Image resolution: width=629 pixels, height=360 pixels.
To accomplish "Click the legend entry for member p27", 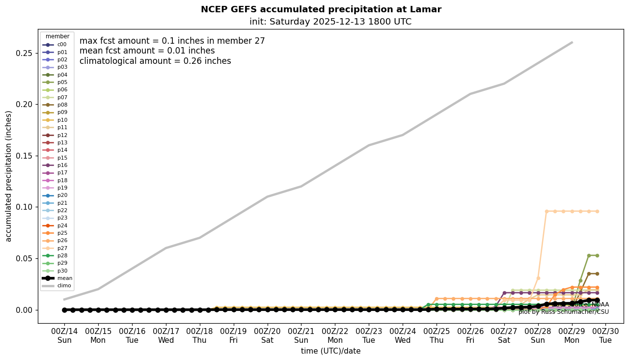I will click(x=62, y=248).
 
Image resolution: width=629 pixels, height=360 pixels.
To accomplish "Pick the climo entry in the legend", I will click(x=64, y=285).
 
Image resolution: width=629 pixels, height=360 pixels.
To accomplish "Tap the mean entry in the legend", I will click(x=64, y=278).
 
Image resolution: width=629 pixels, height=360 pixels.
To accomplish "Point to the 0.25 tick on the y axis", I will click(x=26, y=53).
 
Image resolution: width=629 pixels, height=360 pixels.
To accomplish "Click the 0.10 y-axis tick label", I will click(x=26, y=207).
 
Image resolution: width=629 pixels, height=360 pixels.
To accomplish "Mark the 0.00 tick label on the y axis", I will click(x=26, y=310).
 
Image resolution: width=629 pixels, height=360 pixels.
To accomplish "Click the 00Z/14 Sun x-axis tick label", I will click(x=64, y=335).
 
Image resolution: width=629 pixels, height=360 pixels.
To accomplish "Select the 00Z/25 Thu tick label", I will click(x=437, y=335).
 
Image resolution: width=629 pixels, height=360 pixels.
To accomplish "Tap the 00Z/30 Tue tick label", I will click(x=606, y=335).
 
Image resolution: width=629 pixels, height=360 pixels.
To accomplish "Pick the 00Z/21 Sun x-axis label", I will click(x=301, y=335).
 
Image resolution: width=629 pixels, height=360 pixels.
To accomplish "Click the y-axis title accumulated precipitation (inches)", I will click(x=9, y=176).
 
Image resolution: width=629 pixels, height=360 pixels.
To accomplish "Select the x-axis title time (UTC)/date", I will click(x=330, y=351).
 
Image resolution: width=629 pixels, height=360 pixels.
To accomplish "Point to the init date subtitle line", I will click(x=330, y=22).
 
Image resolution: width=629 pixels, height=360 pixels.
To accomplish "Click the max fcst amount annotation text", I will click(x=172, y=41).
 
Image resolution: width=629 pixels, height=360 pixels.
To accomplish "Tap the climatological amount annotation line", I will click(x=155, y=61).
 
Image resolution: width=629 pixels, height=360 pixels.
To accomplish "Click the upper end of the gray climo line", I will click(x=572, y=42).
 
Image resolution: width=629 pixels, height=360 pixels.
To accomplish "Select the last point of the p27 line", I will click(x=597, y=211).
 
